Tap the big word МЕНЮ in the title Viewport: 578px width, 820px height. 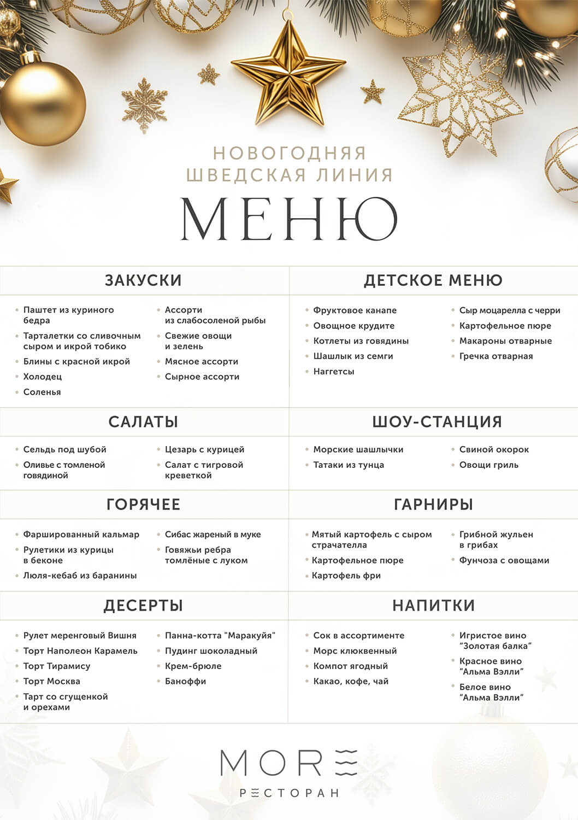289,219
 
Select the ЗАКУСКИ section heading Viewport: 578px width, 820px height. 143,280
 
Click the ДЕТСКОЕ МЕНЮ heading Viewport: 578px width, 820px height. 433,280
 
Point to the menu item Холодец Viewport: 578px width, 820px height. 43,377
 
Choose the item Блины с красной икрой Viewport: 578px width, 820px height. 76,361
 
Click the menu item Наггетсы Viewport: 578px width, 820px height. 334,371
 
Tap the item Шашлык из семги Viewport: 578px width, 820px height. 353,356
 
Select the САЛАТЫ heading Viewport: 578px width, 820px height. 143,421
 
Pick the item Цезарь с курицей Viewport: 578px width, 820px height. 204,449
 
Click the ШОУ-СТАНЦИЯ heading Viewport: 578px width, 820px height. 437,421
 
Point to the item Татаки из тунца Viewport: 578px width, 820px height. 349,465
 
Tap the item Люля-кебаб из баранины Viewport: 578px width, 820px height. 80,575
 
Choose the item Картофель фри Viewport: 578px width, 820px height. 346,575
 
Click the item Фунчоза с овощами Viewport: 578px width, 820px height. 504,560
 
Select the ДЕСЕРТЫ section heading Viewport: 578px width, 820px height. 143,605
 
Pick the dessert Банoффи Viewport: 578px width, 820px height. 185,681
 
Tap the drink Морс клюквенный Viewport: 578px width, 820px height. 355,651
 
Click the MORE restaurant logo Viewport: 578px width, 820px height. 289,762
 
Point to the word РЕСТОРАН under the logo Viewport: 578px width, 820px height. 289,793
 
